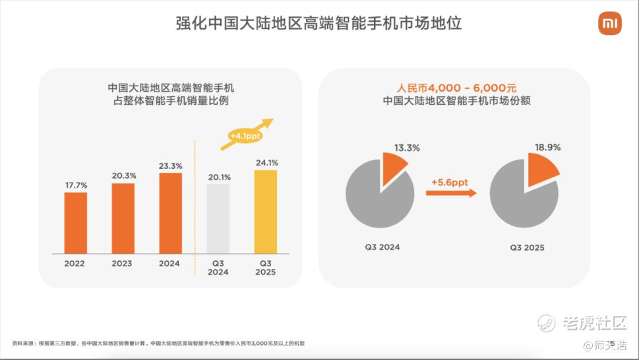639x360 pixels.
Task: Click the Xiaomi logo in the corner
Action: [610, 24]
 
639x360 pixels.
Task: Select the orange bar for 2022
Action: [75, 223]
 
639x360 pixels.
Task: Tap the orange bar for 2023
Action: [123, 218]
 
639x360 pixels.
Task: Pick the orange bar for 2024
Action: [170, 213]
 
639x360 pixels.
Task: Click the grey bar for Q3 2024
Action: [218, 218]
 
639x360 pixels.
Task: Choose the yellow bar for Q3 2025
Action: [265, 212]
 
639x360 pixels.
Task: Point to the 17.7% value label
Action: [75, 186]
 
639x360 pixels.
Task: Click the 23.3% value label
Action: [170, 166]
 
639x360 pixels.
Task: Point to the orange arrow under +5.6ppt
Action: [451, 193]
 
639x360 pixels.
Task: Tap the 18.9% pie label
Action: [547, 148]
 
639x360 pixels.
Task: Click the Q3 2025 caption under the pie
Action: [527, 248]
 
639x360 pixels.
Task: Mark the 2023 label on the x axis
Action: [123, 264]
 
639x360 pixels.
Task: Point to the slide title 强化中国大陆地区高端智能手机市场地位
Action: [319, 24]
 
